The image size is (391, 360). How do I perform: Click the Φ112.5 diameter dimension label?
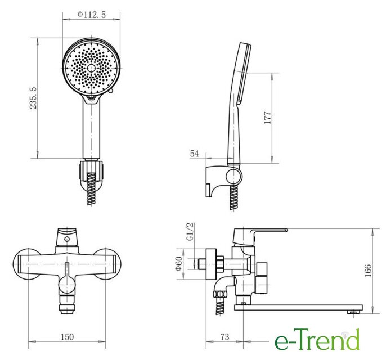(x=92, y=15)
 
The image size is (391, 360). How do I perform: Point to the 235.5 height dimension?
(x=33, y=98)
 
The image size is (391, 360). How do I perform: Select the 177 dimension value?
(x=267, y=118)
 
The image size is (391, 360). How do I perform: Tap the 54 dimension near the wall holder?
(x=195, y=154)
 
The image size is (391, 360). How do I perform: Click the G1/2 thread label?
(x=190, y=232)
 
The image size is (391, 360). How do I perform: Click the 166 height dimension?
(x=368, y=270)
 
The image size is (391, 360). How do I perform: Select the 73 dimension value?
(x=224, y=337)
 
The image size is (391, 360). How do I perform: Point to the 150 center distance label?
(x=68, y=337)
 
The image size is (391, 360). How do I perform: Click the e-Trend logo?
(x=317, y=340)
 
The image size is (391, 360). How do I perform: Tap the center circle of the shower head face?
(x=91, y=68)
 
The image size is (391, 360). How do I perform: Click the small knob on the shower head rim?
(x=111, y=91)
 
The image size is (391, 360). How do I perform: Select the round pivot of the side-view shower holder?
(x=233, y=176)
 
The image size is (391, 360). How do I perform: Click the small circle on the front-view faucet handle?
(x=67, y=239)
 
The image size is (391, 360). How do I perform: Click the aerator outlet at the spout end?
(x=352, y=312)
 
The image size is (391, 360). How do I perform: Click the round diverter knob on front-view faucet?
(x=67, y=285)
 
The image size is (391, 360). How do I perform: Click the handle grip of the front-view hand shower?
(x=91, y=129)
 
